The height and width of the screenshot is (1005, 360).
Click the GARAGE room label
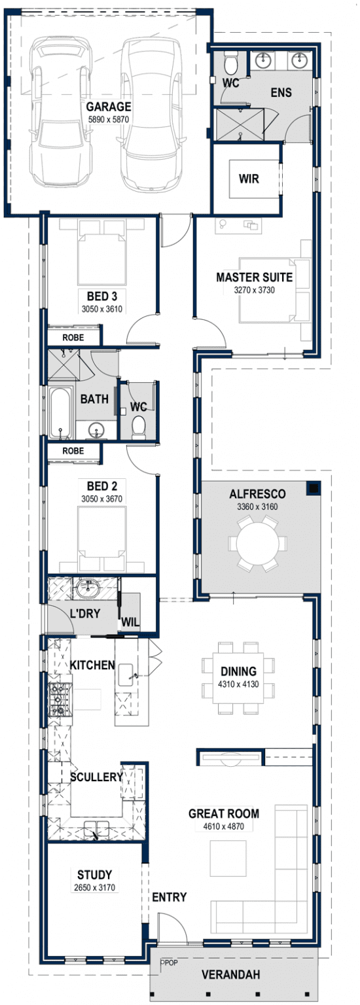109,107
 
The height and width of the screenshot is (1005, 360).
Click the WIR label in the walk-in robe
248,179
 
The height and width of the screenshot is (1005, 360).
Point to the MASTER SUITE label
254,277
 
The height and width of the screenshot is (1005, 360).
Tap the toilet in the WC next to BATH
138,427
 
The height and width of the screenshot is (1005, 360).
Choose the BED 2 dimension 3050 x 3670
101,499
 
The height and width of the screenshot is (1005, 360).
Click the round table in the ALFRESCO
257,542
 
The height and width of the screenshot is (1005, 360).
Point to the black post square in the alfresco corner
314,488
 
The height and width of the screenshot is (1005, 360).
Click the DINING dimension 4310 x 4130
238,684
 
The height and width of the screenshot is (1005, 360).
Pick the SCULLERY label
96,777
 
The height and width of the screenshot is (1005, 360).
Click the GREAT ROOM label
223,814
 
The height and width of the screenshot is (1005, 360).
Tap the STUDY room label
94,875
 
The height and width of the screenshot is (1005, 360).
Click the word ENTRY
169,897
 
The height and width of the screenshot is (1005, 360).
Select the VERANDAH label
230,975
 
